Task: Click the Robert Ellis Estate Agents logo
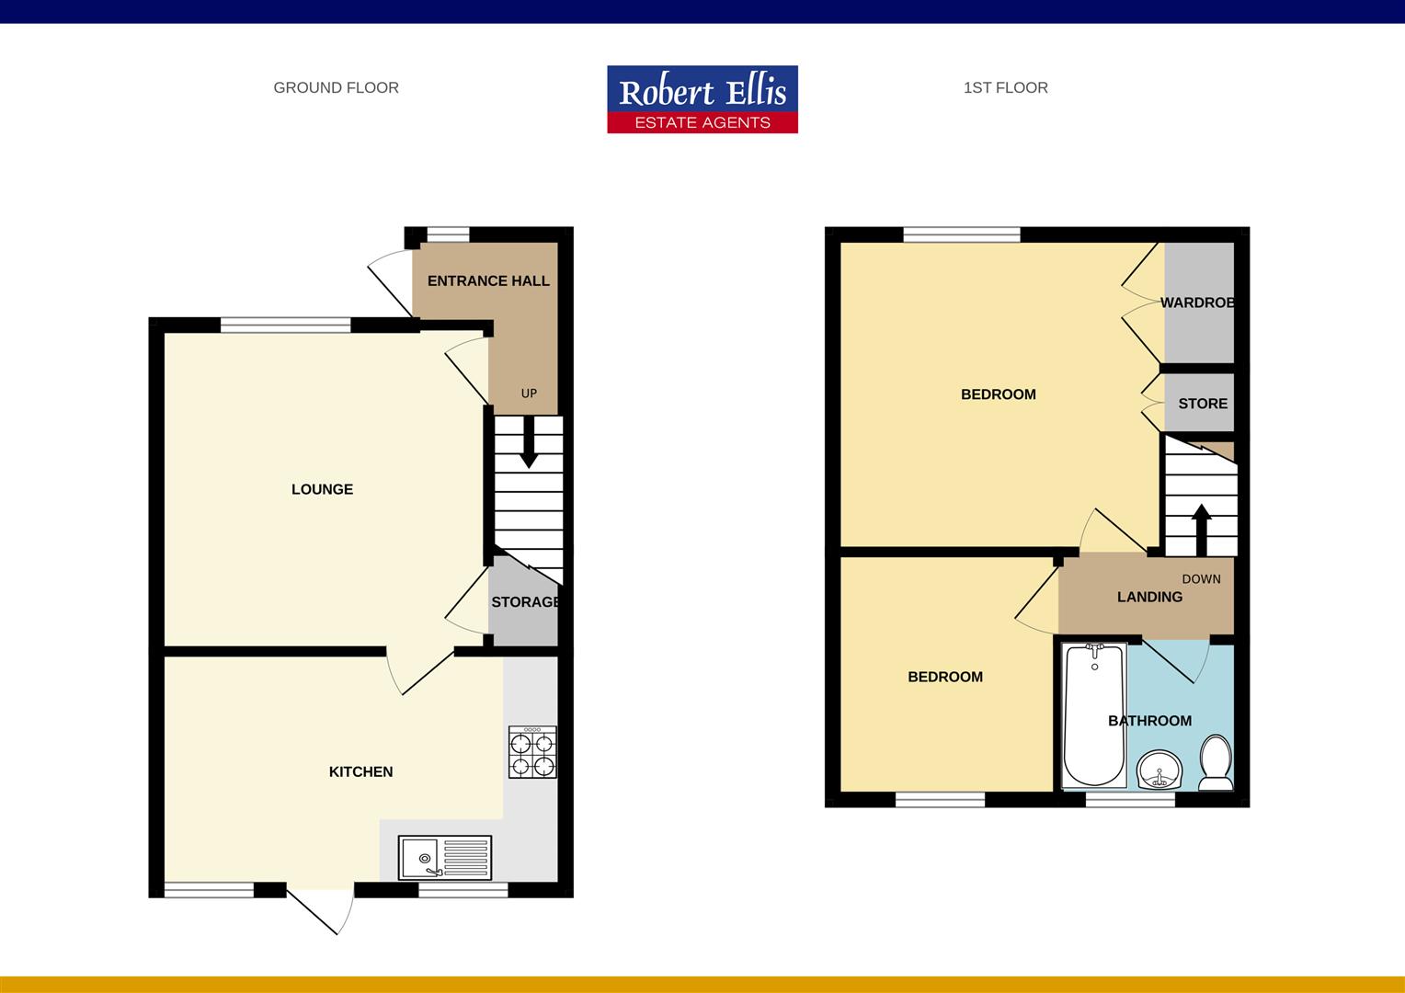click(702, 99)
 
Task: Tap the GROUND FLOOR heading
click(337, 88)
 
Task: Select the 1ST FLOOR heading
click(1005, 88)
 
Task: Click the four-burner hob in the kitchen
click(532, 752)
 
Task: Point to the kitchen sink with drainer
click(445, 858)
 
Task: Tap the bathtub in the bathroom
click(1094, 715)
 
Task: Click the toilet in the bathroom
click(1216, 762)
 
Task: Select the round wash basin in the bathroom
click(1159, 770)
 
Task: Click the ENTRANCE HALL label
click(488, 281)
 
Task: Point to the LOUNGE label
click(323, 489)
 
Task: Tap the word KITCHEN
click(361, 771)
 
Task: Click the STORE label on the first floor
click(1203, 404)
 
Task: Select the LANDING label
click(1149, 597)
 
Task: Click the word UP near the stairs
click(529, 394)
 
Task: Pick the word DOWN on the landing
click(1201, 579)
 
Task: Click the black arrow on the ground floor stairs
click(529, 442)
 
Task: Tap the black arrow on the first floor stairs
click(1201, 530)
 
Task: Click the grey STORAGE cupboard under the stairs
click(524, 602)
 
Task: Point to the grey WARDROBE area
click(1199, 302)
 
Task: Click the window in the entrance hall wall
click(449, 234)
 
